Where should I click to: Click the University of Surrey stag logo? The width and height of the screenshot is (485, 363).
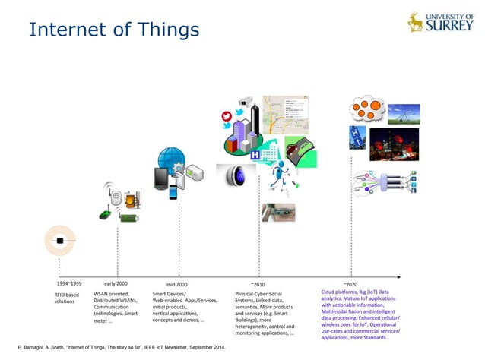(415, 21)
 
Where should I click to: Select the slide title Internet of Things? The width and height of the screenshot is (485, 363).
(114, 30)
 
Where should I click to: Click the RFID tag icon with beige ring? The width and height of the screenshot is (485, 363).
(60, 241)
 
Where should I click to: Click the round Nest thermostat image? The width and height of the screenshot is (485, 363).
(234, 177)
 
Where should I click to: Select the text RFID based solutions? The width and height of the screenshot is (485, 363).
(66, 298)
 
